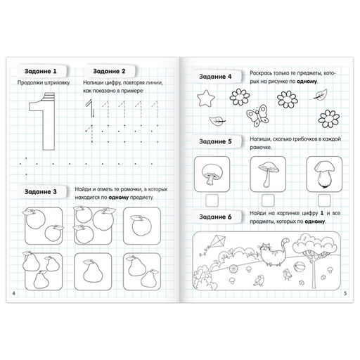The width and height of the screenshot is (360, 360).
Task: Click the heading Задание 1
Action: [41, 71]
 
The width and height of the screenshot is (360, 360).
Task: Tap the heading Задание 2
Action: [109, 71]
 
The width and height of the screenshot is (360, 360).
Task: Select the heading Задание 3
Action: [41, 192]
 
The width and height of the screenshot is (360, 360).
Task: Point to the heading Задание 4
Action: [215, 77]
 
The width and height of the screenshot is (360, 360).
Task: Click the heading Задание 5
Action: [215, 141]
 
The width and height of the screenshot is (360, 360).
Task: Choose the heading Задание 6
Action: [215, 217]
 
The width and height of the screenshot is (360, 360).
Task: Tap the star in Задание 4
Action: [206, 98]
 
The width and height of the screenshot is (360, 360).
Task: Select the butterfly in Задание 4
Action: [257, 115]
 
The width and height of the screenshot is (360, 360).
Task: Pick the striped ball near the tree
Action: [299, 267]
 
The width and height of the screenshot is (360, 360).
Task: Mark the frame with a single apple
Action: [142, 226]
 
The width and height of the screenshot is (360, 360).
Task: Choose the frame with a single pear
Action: [93, 271]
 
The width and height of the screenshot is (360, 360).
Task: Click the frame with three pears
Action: [44, 271]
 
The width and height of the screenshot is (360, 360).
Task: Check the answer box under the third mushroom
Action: [324, 200]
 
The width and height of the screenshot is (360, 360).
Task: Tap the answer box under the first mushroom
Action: [212, 200]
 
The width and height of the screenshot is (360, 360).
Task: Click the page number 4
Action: [13, 293]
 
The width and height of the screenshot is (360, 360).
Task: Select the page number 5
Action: [345, 293]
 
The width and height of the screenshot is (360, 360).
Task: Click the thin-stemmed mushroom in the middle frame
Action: [269, 174]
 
